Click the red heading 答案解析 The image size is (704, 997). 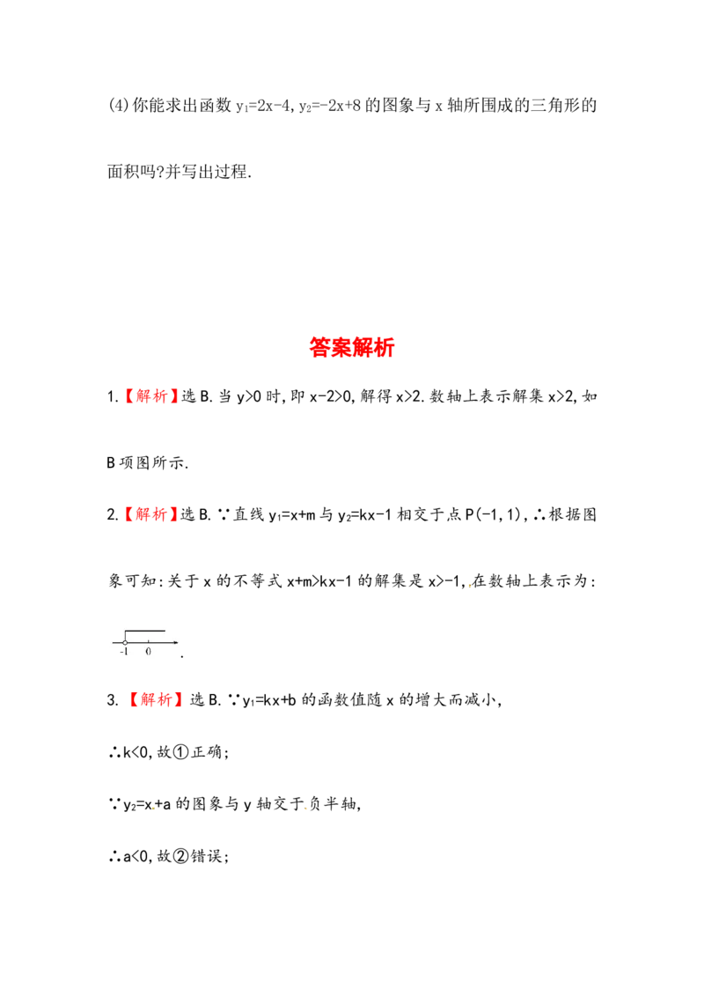pos(352,347)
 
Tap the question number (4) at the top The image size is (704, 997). pos(118,105)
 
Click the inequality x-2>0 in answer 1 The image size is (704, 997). pos(331,396)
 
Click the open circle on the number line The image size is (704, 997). pos(125,642)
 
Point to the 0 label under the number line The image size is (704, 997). pos(148,652)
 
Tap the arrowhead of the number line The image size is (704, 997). pos(175,642)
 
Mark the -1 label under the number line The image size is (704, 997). pos(124,652)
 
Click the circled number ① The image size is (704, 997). pos(181,752)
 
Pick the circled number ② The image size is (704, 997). pos(181,856)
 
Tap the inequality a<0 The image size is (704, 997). pos(136,857)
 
